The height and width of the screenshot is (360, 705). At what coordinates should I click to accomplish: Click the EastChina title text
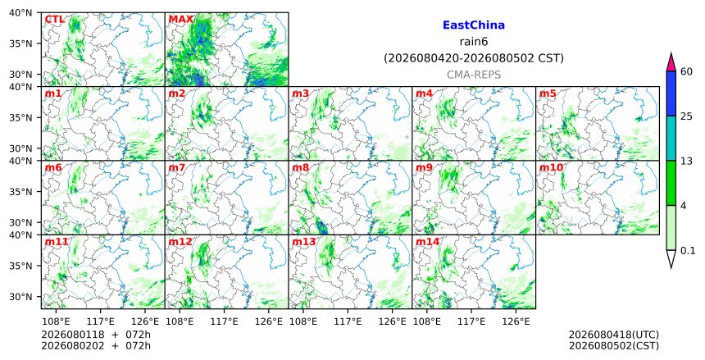point(474,25)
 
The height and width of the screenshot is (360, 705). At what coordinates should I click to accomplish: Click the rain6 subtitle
point(474,42)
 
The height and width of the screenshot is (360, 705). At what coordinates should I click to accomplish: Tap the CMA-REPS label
point(474,75)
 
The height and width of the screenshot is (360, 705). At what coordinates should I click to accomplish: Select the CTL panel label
point(54,20)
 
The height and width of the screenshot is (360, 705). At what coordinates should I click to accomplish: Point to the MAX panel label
point(180,20)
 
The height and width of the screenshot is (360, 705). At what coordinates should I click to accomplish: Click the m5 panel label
point(548,93)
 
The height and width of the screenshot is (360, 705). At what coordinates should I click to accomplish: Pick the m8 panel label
point(300,168)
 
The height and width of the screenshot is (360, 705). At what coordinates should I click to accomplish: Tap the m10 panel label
point(551,168)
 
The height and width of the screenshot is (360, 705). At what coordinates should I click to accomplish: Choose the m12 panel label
point(180,242)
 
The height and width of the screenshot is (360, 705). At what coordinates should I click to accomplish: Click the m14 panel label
point(427,242)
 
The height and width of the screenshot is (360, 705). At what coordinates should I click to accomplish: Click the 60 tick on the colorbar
point(686,71)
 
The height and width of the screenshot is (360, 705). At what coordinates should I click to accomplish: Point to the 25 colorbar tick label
point(686,116)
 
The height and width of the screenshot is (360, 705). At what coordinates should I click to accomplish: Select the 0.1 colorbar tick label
point(688,251)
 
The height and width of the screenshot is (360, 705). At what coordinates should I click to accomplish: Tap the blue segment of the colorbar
point(671,93)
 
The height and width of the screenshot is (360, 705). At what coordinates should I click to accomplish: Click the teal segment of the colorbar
point(671,138)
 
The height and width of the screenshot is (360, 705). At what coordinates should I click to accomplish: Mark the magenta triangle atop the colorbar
point(671,63)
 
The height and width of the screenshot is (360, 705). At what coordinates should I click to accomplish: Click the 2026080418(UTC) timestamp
point(614,335)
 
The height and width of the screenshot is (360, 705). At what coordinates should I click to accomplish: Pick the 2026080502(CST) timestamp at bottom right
point(614,345)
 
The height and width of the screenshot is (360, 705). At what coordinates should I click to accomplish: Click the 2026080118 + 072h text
point(96,335)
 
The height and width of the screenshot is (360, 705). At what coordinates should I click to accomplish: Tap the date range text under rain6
point(474,58)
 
